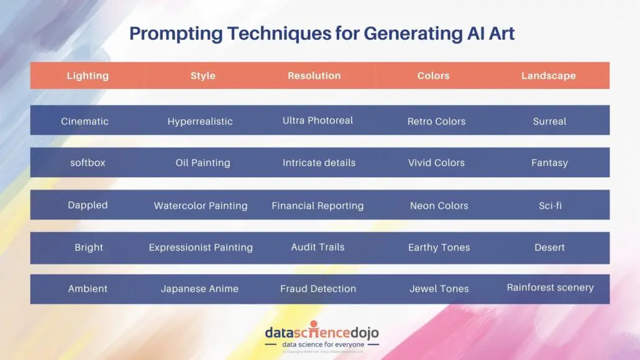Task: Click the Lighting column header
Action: tap(88, 76)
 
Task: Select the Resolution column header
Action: tap(314, 76)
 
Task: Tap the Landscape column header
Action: tap(548, 76)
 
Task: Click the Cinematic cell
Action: tap(85, 121)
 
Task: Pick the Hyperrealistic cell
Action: tap(200, 121)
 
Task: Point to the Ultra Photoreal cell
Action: tap(318, 121)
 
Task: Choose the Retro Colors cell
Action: tap(436, 121)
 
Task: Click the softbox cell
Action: tap(88, 163)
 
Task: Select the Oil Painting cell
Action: tap(203, 163)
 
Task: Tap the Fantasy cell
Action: tap(549, 163)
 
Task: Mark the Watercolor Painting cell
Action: tap(201, 205)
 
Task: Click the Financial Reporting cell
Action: tap(318, 205)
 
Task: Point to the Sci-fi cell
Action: tap(550, 205)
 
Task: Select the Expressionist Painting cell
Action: tap(201, 247)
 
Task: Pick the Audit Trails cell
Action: tap(318, 247)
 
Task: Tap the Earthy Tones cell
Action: tap(439, 247)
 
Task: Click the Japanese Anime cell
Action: tap(199, 288)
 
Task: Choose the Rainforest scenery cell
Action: tap(550, 287)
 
